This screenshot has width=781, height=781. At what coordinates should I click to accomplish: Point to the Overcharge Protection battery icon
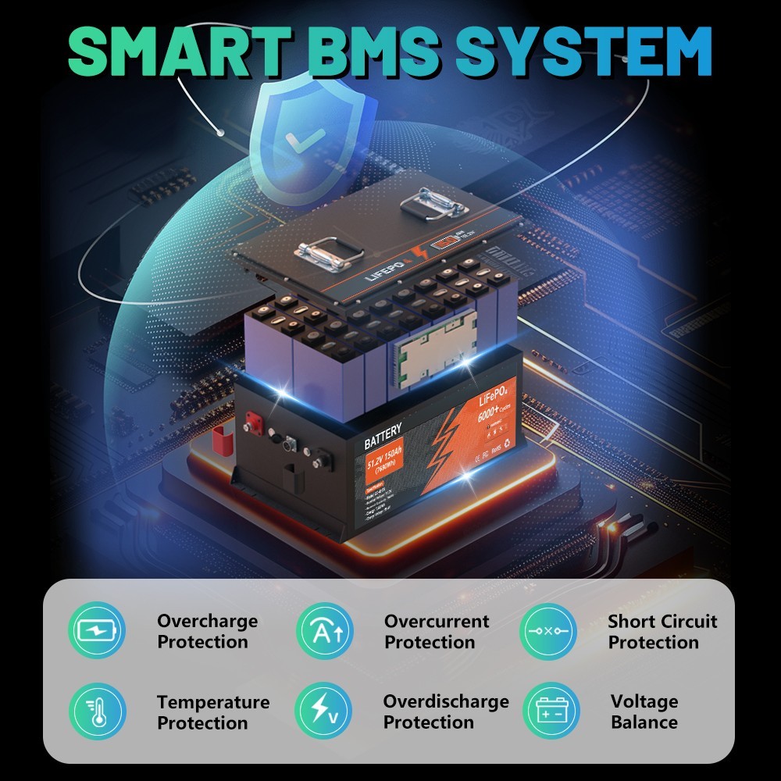[96, 631]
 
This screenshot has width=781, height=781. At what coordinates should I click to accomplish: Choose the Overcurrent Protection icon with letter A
[324, 631]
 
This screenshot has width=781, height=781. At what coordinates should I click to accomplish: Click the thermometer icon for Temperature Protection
[96, 711]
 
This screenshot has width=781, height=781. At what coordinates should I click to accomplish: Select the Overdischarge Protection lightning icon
[323, 711]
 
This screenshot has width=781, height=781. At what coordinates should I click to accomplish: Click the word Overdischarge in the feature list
[445, 701]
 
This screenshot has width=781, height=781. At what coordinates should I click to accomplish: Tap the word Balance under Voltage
[644, 722]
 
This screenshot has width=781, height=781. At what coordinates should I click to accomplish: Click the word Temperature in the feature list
[213, 702]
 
